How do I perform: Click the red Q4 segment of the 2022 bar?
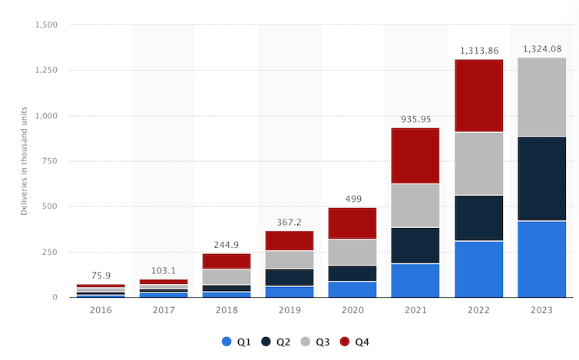point(478,96)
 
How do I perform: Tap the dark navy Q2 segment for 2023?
point(541,179)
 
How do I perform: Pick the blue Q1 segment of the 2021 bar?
point(415,280)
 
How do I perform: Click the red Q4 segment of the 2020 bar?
point(352,223)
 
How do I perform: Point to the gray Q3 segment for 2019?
point(289,259)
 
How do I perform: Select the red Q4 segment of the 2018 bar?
point(227,261)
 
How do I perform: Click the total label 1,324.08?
point(541,50)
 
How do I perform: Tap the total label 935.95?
point(415,120)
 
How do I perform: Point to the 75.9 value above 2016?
point(101,276)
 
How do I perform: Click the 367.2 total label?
point(289,223)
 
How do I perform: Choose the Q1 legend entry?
point(234,342)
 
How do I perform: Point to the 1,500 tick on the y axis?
point(47,25)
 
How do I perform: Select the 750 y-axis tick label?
point(51,161)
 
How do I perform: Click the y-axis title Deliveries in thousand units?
point(24,161)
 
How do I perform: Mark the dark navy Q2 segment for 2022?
point(478,218)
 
